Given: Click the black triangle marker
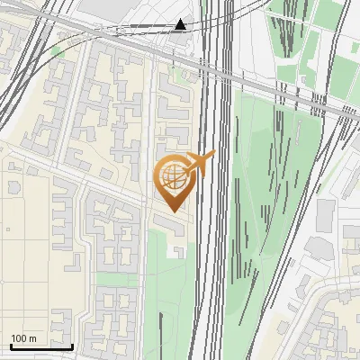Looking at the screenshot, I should pos(181,24).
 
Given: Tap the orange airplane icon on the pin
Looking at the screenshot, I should pos(200,164).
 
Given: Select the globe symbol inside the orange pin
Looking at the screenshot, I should pos(172,175).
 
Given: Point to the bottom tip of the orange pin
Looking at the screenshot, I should pos(173,211).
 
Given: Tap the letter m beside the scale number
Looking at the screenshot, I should pos(33,338).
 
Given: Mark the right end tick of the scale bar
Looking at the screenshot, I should pos(72,345).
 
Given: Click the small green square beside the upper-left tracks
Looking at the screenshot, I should pos(58,51).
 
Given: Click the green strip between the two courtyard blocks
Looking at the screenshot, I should pos(117,280).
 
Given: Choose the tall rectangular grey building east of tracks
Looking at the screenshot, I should pos(325,216).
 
